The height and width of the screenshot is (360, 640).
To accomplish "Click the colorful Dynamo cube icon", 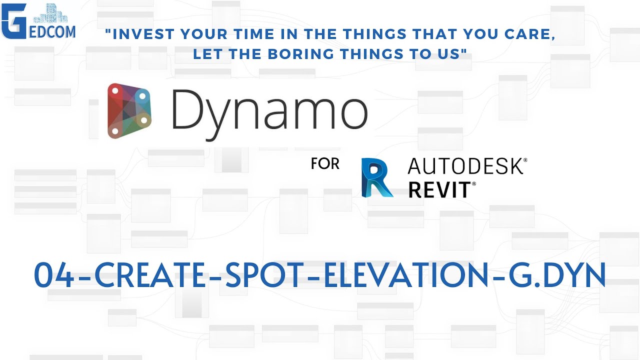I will point(129,111).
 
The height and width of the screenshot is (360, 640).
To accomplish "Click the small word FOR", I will point(325,163).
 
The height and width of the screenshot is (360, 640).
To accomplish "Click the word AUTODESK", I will point(464,165).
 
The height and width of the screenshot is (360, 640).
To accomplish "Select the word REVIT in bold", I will point(438,190).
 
